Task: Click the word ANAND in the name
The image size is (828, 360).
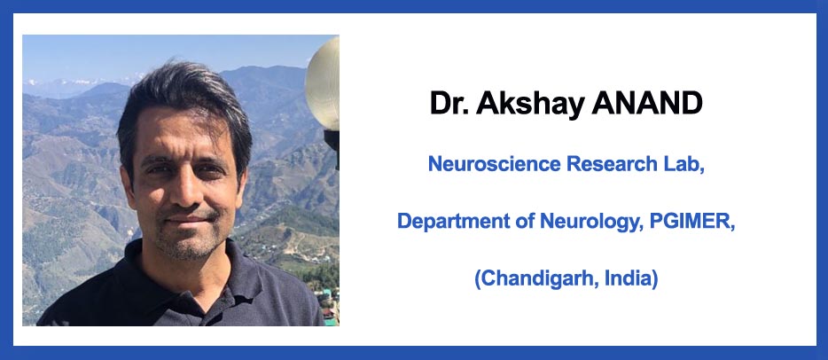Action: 647,103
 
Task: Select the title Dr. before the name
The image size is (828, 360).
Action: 449,103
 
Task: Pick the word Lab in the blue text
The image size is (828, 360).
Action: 683,165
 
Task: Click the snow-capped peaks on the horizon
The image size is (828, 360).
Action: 79,82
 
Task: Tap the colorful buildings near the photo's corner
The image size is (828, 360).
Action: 331,306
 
